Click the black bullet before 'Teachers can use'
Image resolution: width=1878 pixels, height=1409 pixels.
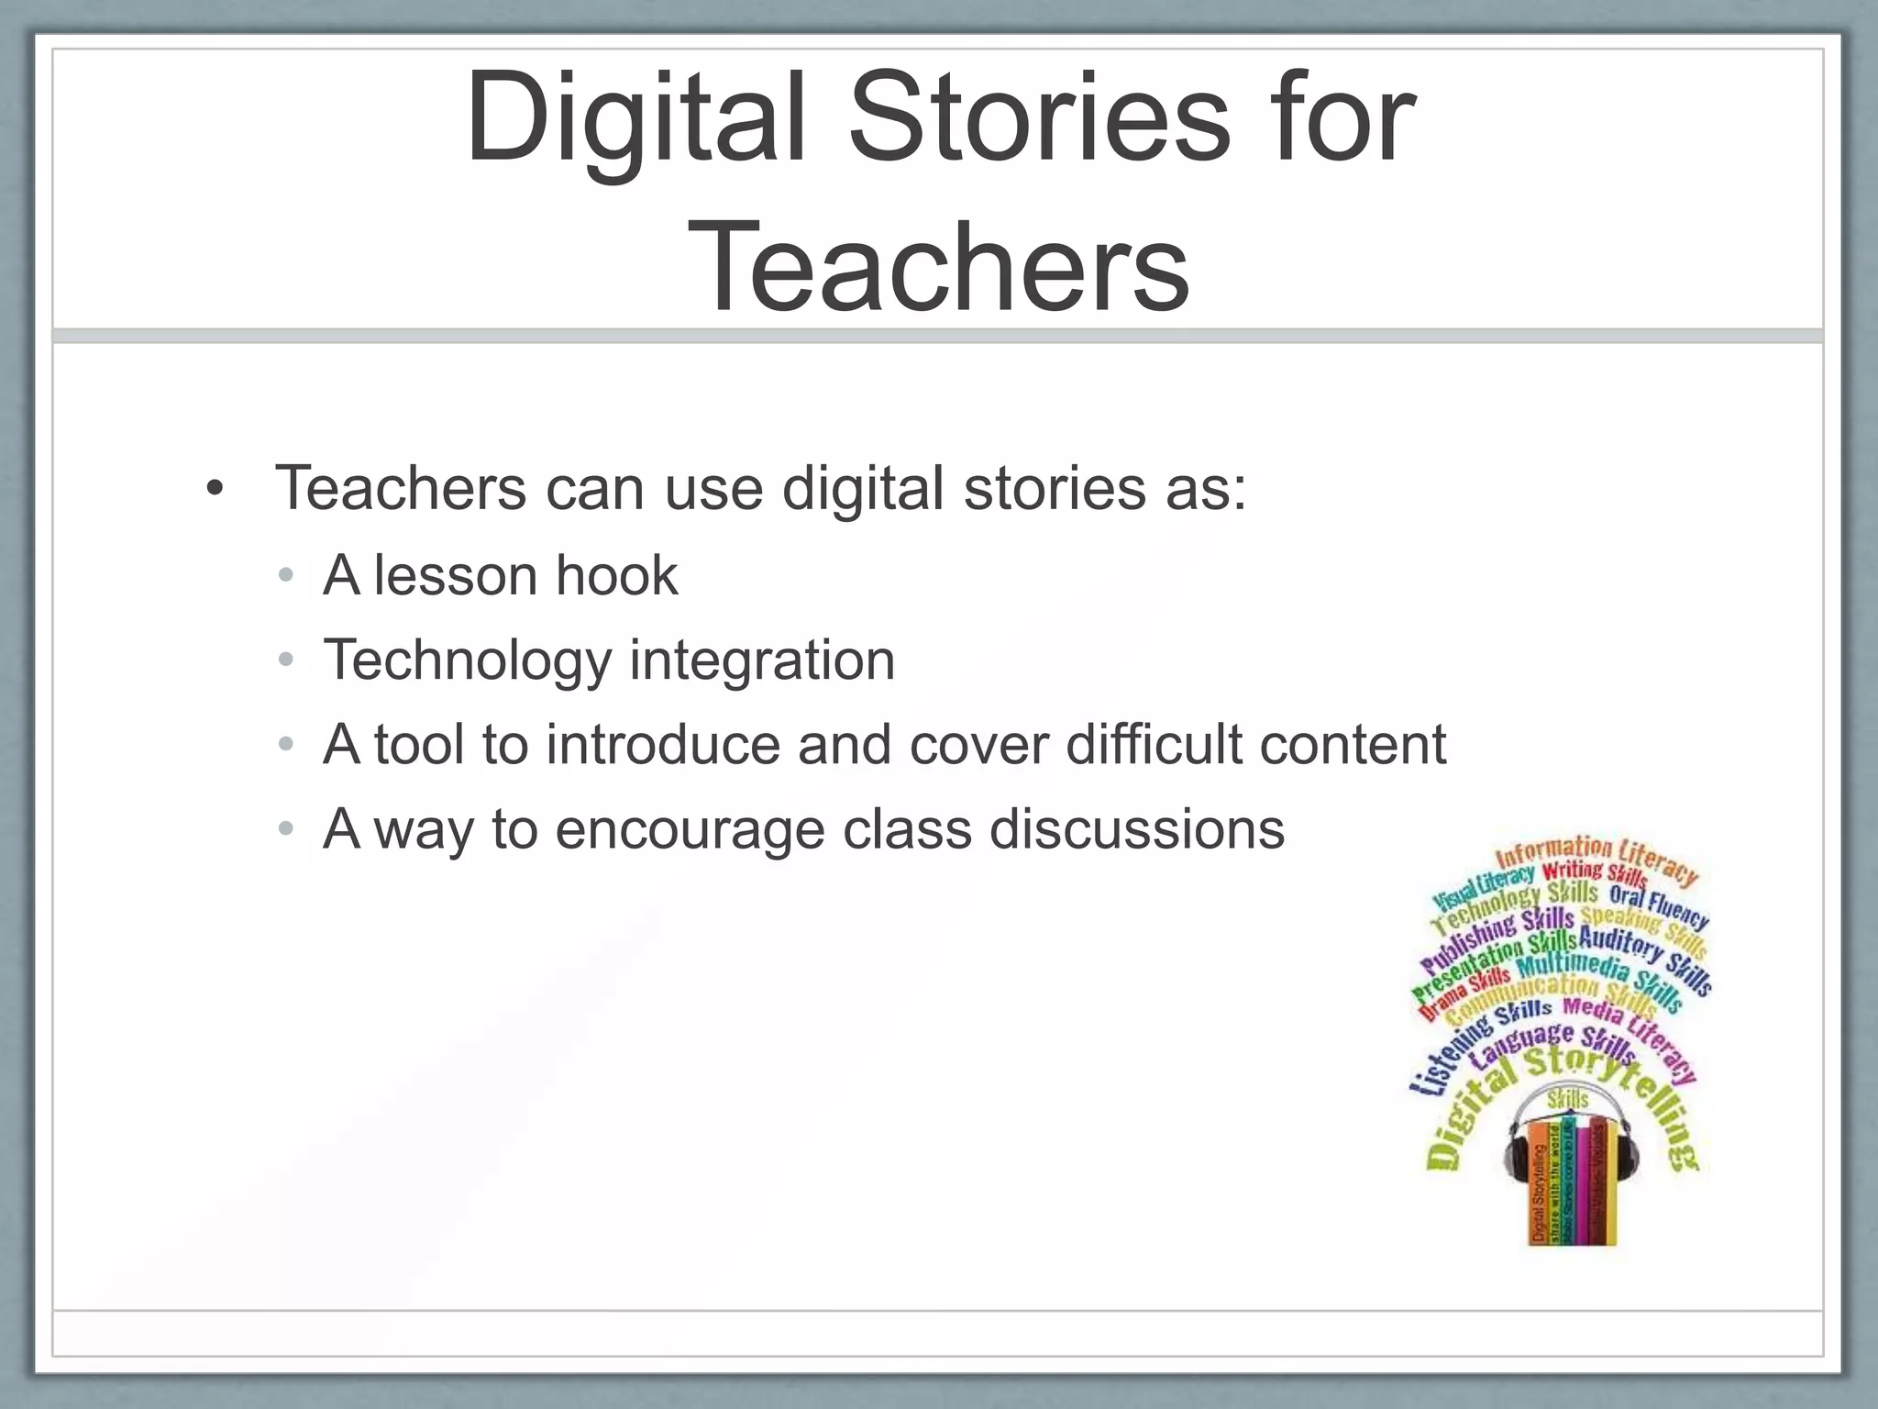(x=215, y=488)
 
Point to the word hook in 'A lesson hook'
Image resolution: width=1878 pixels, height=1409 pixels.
(x=616, y=576)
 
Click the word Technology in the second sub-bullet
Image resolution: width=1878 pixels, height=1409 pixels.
(x=468, y=660)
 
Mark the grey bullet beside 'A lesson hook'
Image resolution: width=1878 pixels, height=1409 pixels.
(x=286, y=576)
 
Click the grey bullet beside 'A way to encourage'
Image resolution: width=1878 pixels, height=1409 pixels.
(x=286, y=829)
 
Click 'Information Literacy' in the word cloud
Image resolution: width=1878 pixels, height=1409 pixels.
(x=1596, y=858)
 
